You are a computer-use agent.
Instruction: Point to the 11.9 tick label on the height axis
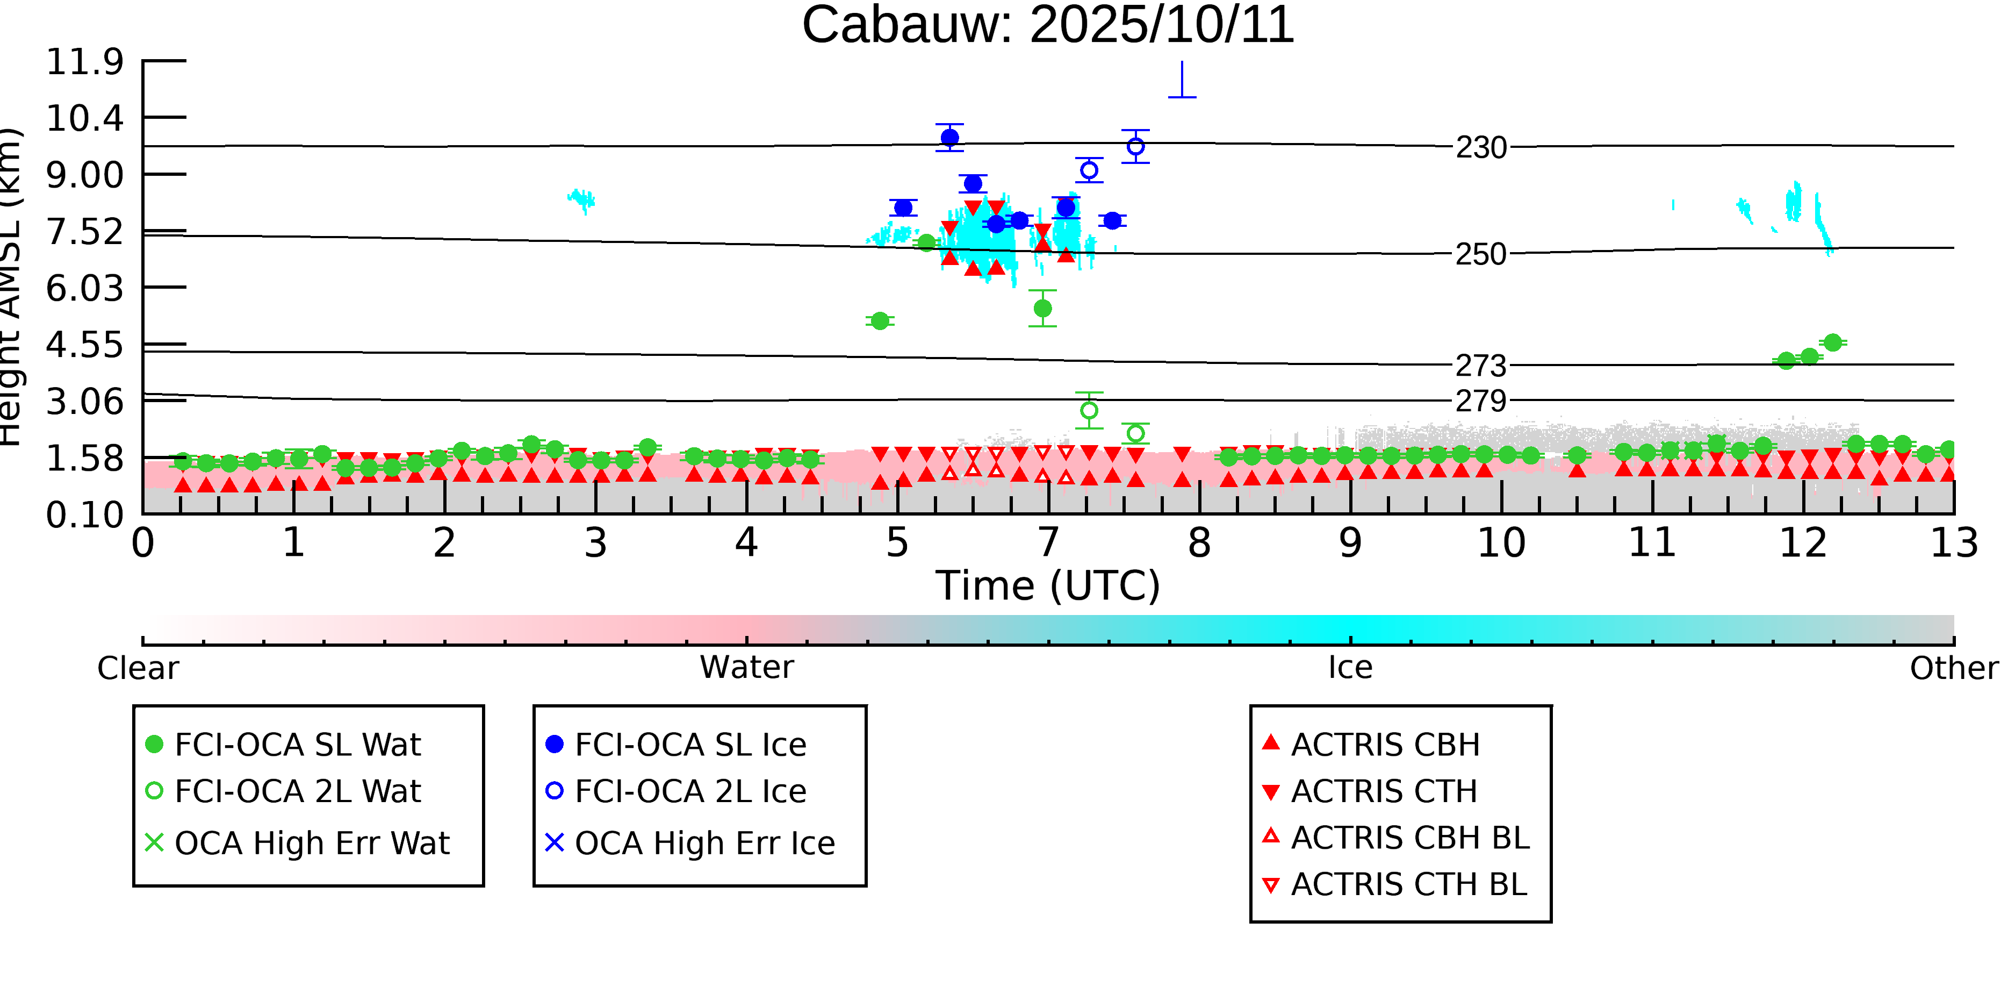point(84,62)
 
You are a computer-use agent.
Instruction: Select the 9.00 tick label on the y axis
point(84,175)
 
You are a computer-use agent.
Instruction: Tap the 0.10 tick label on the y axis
point(84,515)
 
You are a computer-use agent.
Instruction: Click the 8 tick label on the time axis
point(1199,543)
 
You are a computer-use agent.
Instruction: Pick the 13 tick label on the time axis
point(1953,543)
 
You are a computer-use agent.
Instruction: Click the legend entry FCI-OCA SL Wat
point(297,744)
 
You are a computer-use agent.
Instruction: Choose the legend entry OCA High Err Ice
point(704,843)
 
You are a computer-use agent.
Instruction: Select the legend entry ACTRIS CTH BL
point(1408,884)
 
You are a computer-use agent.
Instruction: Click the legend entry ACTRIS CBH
point(1385,744)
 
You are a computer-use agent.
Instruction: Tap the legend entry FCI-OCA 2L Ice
point(690,791)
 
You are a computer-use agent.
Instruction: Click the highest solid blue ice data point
point(949,138)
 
